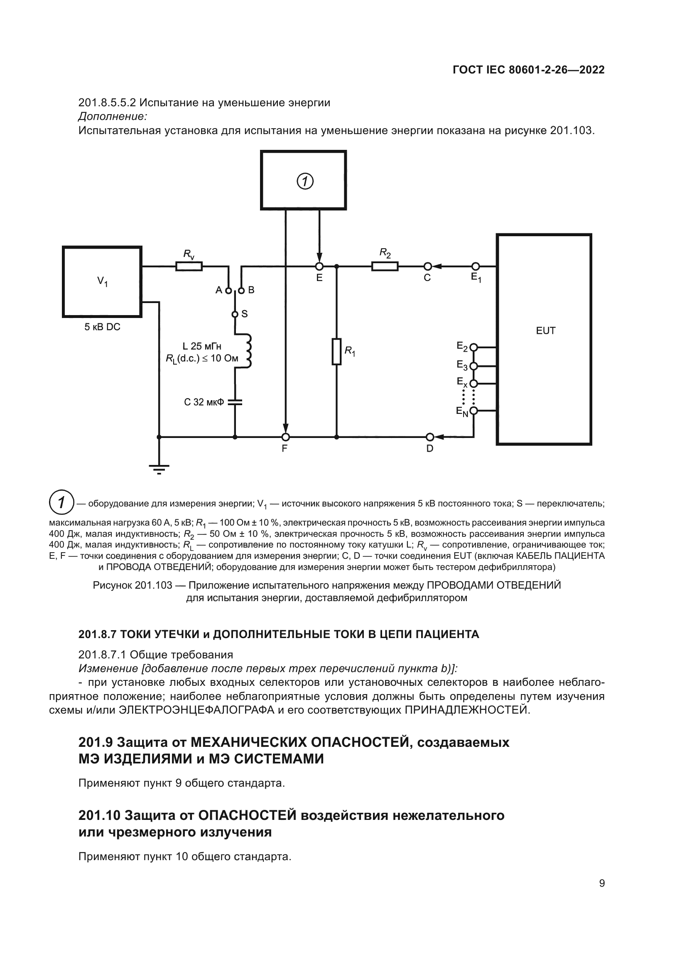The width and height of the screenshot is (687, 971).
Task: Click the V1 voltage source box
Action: tap(102, 281)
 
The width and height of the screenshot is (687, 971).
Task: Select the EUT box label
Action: tap(545, 331)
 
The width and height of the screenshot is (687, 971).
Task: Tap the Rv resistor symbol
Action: tap(189, 267)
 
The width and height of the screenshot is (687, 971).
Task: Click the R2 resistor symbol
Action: tap(385, 267)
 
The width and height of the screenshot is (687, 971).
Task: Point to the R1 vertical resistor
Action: tap(336, 352)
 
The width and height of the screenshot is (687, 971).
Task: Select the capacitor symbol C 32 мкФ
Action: tap(235, 402)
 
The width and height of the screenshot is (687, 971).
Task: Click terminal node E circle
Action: tap(319, 267)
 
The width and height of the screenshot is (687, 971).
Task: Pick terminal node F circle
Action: tap(286, 436)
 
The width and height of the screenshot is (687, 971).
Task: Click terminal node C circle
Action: tap(428, 267)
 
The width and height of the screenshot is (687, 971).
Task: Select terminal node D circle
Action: tap(430, 436)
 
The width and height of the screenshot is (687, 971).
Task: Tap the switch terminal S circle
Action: tap(235, 314)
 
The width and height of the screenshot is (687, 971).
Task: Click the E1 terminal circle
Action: tap(476, 267)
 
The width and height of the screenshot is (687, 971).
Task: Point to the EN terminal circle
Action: tap(474, 411)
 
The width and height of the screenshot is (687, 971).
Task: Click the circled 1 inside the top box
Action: tap(304, 181)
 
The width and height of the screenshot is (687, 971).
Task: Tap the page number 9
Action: tap(601, 883)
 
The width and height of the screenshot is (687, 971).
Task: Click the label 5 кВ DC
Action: tap(102, 327)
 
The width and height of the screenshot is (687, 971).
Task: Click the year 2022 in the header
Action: tap(592, 70)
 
